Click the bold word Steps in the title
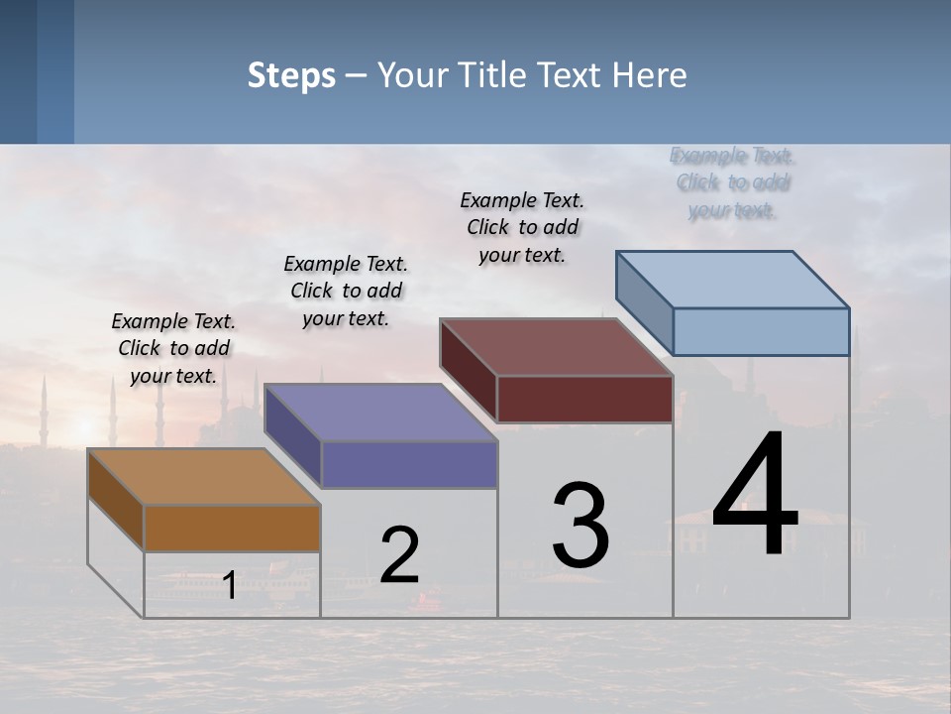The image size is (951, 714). pos(291,75)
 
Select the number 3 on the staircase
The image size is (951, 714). pos(581,526)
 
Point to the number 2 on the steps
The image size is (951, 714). pos(399,555)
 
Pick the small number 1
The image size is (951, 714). pos(229,585)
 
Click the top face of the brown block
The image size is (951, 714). pos(204,477)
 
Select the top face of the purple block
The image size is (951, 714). pos(380,413)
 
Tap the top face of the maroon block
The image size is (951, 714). pos(556,347)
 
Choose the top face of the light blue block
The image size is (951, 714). pos(732,279)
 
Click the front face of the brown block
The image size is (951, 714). pos(232,528)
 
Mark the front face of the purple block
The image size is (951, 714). pos(409,464)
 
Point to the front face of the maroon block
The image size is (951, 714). pos(584,399)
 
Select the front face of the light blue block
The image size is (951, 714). pos(761,331)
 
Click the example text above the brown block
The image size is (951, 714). pos(173,348)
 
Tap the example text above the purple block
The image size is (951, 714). pos(346,291)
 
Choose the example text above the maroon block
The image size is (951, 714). pos(522,227)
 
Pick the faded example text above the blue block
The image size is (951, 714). pos(732,182)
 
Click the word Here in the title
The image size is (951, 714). pos(651,75)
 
